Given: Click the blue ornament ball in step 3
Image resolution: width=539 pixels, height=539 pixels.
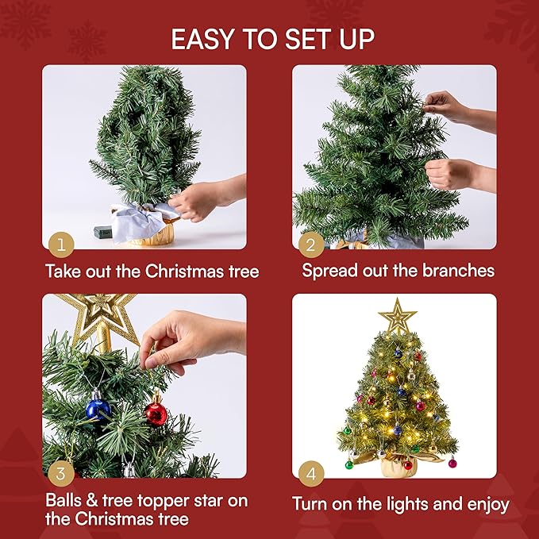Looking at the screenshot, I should click(x=98, y=409).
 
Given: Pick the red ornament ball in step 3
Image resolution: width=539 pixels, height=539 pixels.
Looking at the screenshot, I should click(x=156, y=414).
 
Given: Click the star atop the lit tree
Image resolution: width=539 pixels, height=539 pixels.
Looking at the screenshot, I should click(x=398, y=317).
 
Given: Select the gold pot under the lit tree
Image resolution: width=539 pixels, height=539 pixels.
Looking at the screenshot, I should click(x=398, y=465).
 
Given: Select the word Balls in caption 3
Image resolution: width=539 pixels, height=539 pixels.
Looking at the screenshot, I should click(x=66, y=502).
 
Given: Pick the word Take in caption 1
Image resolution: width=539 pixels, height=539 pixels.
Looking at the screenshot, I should click(x=64, y=271).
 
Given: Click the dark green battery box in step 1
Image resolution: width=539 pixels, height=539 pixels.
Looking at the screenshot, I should click(x=104, y=233).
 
